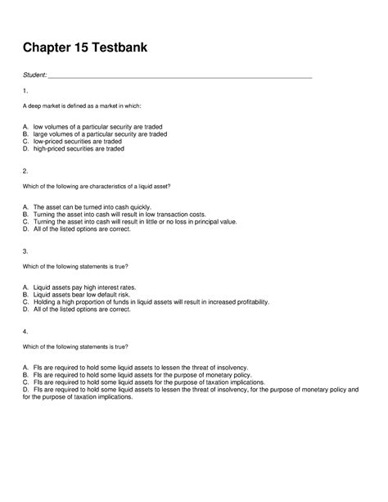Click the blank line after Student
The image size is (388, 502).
180,78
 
